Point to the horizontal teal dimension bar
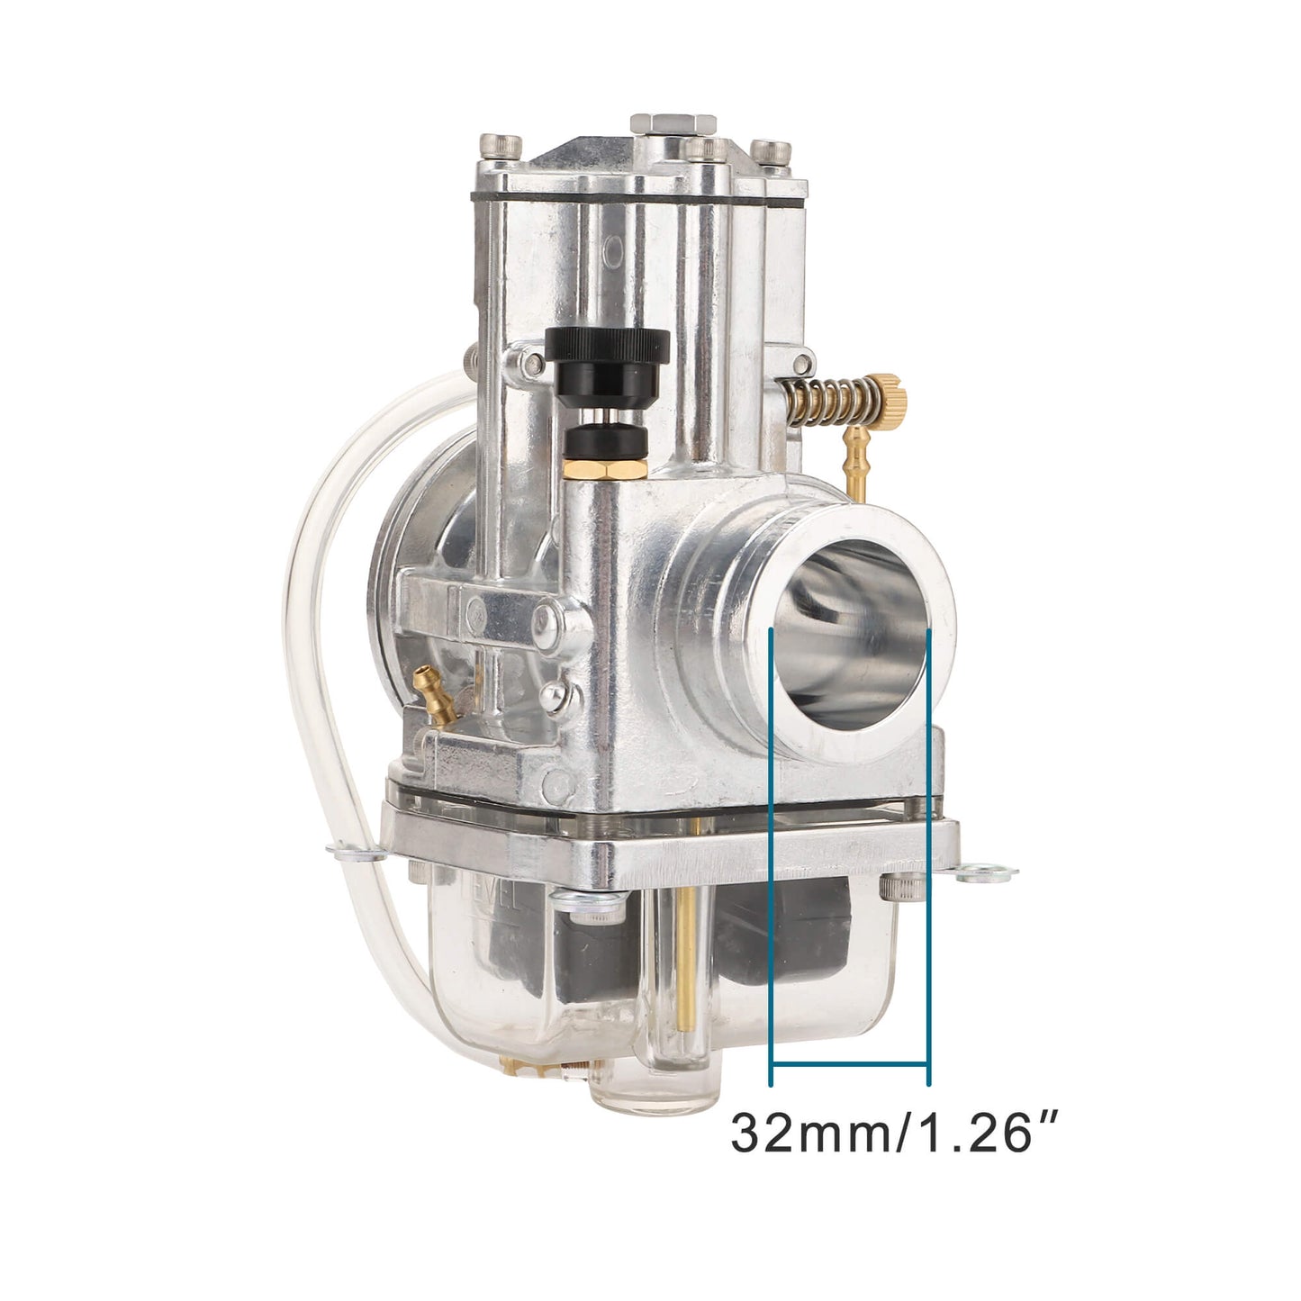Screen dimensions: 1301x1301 coord(850,1064)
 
